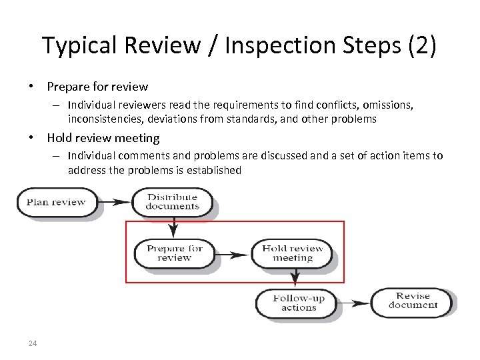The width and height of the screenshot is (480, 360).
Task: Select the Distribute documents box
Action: pyautogui.click(x=173, y=202)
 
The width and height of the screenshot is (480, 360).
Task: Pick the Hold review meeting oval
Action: pyautogui.click(x=292, y=253)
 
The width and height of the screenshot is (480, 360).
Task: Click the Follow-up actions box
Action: pyautogui.click(x=298, y=303)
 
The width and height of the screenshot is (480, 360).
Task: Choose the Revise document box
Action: pyautogui.click(x=413, y=301)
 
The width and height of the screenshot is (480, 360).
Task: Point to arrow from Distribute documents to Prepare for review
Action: pyautogui.click(x=173, y=227)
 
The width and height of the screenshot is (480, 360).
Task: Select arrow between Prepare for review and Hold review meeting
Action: pyautogui.click(x=233, y=254)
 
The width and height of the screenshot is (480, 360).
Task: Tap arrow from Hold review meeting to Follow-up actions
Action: pyautogui.click(x=294, y=277)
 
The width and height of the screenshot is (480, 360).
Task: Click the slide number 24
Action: pyautogui.click(x=33, y=343)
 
